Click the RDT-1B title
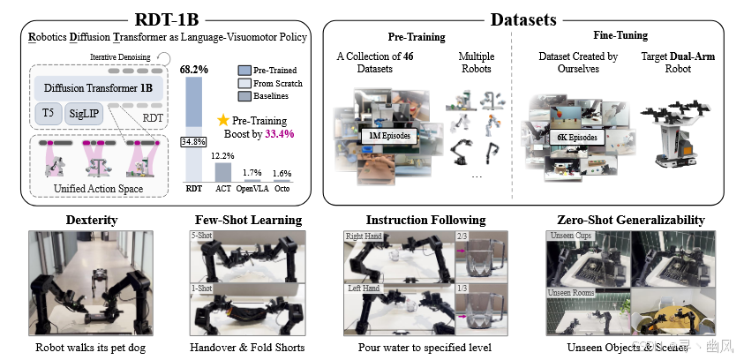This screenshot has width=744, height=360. [x=168, y=17]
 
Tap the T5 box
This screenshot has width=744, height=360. [x=48, y=114]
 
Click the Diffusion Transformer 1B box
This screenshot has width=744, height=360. [x=97, y=88]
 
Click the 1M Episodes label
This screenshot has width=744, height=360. [x=388, y=137]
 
